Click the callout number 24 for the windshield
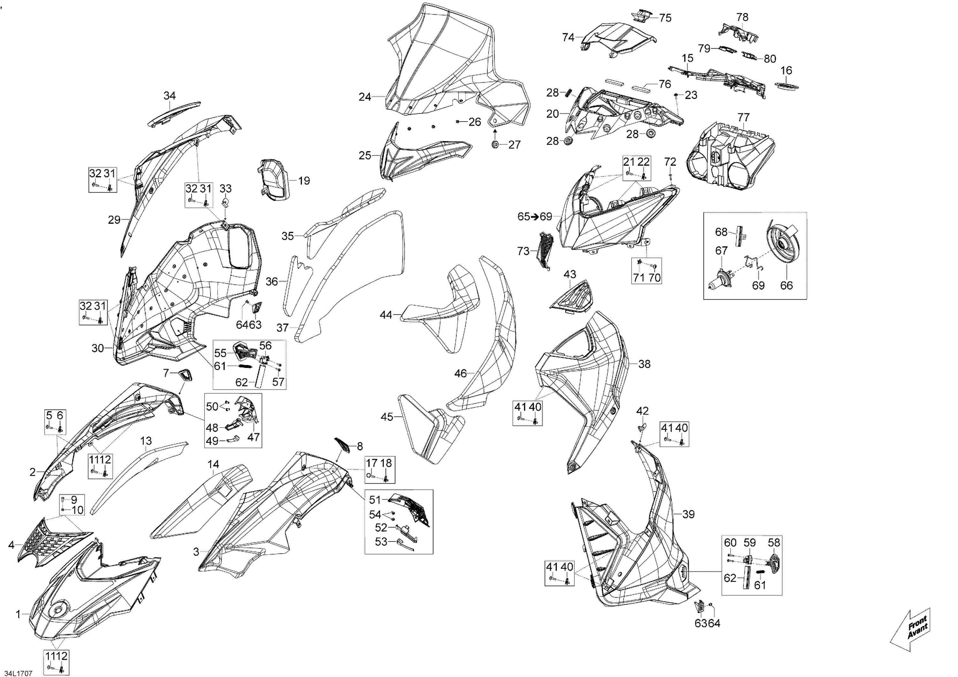[x=365, y=97]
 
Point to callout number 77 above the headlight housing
[x=743, y=117]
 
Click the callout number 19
[x=304, y=181]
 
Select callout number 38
[x=644, y=364]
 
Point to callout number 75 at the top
[x=665, y=18]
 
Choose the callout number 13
[x=146, y=441]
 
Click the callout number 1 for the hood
[x=18, y=614]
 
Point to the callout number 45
[x=387, y=417]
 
